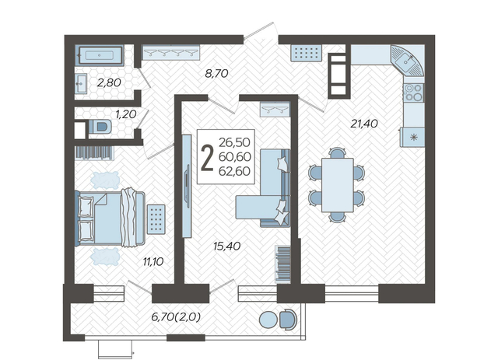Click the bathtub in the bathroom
pos(100,55)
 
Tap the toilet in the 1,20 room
pos(100,127)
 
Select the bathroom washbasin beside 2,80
pos(81,83)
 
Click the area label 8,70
pos(216,74)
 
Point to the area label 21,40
pos(364,123)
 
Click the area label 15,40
pos(226,246)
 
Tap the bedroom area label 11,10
pos(153,261)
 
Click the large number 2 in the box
pos(208,157)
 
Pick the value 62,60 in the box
pos(235,171)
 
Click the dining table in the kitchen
pos(337,185)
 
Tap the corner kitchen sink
pos(408,61)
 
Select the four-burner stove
pos(413,93)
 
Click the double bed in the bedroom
pos(110,218)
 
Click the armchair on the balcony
pos(289,320)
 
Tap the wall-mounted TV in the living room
pos(187,186)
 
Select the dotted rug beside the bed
pos(156,218)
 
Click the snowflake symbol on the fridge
pos(413,137)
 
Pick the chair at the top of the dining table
pos(337,152)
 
